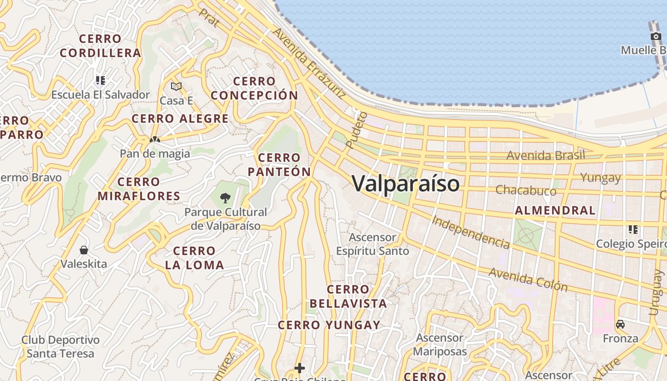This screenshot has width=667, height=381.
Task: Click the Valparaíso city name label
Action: [406, 183]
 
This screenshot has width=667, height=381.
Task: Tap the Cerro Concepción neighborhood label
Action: [254, 88]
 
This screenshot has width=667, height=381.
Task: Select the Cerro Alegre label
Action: [180, 119]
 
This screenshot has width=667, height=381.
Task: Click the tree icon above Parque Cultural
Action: [225, 198]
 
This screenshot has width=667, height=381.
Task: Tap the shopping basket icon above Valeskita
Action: [84, 250]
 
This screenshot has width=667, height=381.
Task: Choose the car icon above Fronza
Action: [620, 324]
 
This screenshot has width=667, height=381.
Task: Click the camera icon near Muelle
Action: [656, 36]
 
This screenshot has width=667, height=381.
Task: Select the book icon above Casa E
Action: [176, 86]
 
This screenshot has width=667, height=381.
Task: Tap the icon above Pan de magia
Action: [154, 140]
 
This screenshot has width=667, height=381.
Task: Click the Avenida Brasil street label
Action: [546, 155]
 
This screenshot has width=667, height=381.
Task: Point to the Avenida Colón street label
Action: [528, 279]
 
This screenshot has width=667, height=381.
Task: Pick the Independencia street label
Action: [471, 232]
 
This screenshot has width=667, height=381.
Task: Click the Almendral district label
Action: [555, 211]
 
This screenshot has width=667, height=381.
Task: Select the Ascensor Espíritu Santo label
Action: [373, 244]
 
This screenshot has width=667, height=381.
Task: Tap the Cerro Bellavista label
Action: [348, 296]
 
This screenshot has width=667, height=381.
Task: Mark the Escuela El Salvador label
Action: [101, 94]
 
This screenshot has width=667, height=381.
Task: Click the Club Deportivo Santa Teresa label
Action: [61, 347]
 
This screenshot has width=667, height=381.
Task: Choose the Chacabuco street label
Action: [526, 190]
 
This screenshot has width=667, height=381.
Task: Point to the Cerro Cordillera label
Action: [101, 46]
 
